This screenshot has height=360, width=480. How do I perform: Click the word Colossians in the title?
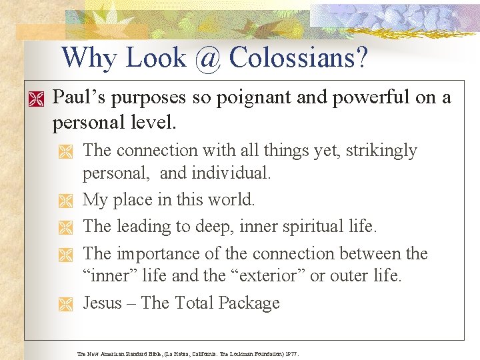click(x=297, y=58)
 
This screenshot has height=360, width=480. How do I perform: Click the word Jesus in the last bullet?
click(x=103, y=303)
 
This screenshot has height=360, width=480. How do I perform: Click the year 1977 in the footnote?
click(x=292, y=353)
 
